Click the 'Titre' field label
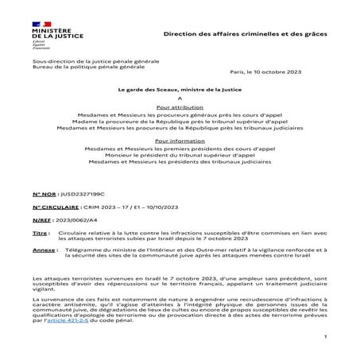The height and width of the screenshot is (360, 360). click(41, 232)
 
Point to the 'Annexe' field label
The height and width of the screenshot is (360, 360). click(44, 250)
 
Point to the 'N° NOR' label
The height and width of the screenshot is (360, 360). click(45, 193)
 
